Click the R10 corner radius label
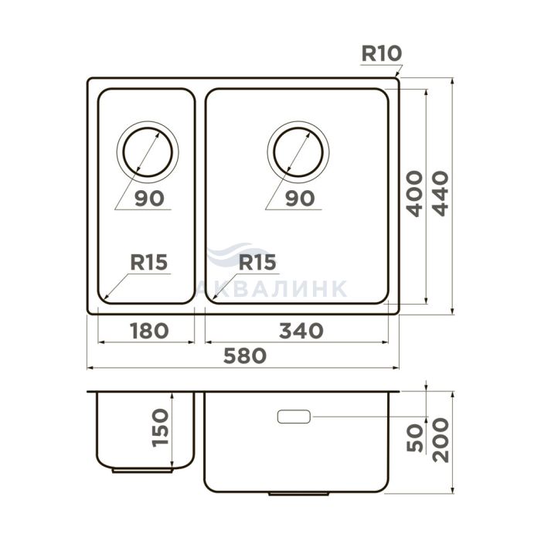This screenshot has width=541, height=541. tap(382, 53)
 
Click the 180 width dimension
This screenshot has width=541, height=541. tap(149, 331)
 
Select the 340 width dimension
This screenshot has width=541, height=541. tap(301, 331)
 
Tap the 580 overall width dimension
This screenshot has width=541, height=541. tap(245, 356)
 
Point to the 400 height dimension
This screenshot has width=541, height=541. tap(414, 193)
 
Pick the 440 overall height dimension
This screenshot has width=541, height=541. tap(441, 193)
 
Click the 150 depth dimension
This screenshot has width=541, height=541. tap(161, 428)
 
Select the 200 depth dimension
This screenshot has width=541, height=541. tap(441, 440)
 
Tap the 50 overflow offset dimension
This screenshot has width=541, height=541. tap(415, 438)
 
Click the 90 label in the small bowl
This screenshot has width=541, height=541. tap(149, 199)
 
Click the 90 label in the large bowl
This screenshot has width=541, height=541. tap(300, 199)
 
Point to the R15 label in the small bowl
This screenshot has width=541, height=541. tap(148, 262)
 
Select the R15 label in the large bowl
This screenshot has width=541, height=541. tap(257, 262)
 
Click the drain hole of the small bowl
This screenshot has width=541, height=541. tap(148, 128)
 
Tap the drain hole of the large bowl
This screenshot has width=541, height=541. tap(298, 128)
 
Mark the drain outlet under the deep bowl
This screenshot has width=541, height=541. tap(299, 494)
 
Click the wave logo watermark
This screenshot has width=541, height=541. tap(238, 253)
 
